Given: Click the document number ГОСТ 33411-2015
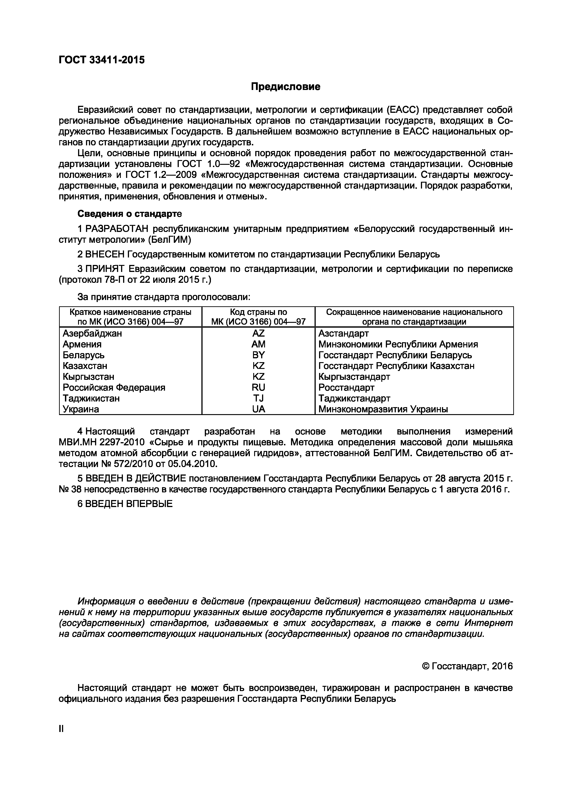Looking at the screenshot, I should (102, 60).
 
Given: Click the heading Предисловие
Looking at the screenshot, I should (286, 87).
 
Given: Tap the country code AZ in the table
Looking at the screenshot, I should (259, 333).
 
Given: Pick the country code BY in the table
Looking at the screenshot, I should (259, 355).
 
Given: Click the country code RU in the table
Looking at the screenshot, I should (259, 387).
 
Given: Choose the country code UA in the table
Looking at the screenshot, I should (259, 409).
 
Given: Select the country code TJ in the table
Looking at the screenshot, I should (259, 398).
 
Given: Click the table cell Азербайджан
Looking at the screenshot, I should (92, 333).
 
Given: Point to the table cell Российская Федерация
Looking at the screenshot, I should (114, 387).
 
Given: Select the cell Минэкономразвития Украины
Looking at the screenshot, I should (383, 409).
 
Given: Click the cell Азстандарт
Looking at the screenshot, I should (343, 333).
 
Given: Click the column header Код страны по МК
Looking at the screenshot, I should (259, 317).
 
